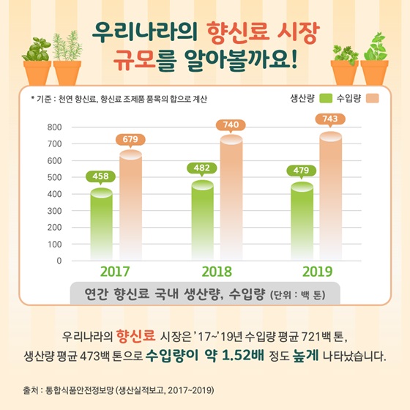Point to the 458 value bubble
(x=101, y=176)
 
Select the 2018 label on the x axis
(x=217, y=271)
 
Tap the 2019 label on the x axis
(x=317, y=271)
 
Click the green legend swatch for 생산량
(x=327, y=98)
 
